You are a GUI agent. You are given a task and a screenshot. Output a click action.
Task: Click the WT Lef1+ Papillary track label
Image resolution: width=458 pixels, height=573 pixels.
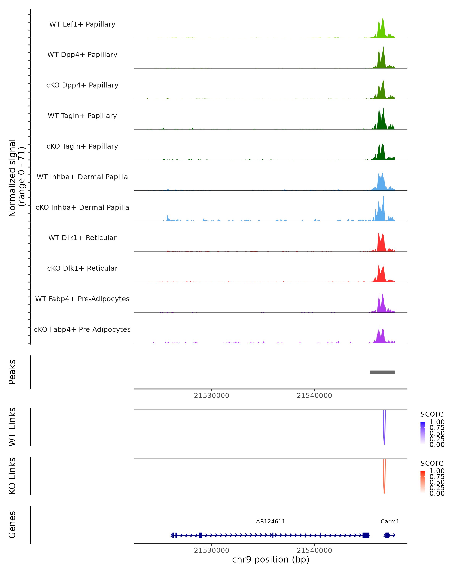[x=82, y=24]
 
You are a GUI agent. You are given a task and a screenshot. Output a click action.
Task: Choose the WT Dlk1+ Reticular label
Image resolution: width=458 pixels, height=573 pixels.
[x=82, y=238]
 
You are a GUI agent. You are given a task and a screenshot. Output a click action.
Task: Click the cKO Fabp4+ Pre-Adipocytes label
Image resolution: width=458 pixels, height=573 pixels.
[x=82, y=329]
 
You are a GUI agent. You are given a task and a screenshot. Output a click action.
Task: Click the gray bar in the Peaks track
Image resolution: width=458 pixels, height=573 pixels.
[x=382, y=372]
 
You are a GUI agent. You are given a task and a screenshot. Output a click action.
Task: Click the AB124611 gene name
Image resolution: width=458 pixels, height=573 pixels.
[x=271, y=521]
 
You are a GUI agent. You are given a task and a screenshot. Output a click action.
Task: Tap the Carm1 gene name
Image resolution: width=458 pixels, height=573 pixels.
[x=390, y=521]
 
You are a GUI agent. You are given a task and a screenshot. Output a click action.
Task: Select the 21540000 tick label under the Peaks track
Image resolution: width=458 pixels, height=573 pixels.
[x=314, y=396]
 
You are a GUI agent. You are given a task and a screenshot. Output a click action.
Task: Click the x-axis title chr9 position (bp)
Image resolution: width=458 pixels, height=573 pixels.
[x=271, y=560]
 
